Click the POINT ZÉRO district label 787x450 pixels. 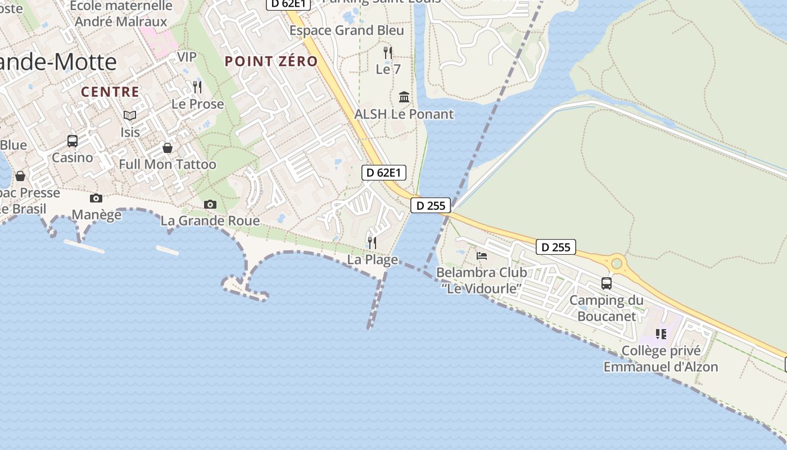[x=272, y=62]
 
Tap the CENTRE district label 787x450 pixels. [x=110, y=92]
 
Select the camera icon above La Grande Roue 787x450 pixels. [x=210, y=204]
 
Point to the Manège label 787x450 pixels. [x=97, y=215]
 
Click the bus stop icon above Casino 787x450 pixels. [x=73, y=141]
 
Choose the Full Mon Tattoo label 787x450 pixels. [x=168, y=165]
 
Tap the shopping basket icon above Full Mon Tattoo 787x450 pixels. [x=168, y=148]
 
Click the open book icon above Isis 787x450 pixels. [x=130, y=115]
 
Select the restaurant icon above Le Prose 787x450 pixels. [x=197, y=87]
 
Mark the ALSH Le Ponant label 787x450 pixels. [x=404, y=114]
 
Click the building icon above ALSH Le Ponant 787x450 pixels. [x=404, y=97]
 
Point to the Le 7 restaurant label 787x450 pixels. [x=388, y=70]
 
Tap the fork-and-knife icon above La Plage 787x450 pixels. [x=372, y=242]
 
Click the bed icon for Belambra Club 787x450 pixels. [x=482, y=256]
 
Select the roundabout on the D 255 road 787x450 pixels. [x=617, y=263]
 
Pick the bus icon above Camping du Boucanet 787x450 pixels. [x=607, y=283]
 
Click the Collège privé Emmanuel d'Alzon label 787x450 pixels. [x=661, y=359]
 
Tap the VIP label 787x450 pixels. [x=187, y=57]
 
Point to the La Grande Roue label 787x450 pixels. [x=210, y=221]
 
